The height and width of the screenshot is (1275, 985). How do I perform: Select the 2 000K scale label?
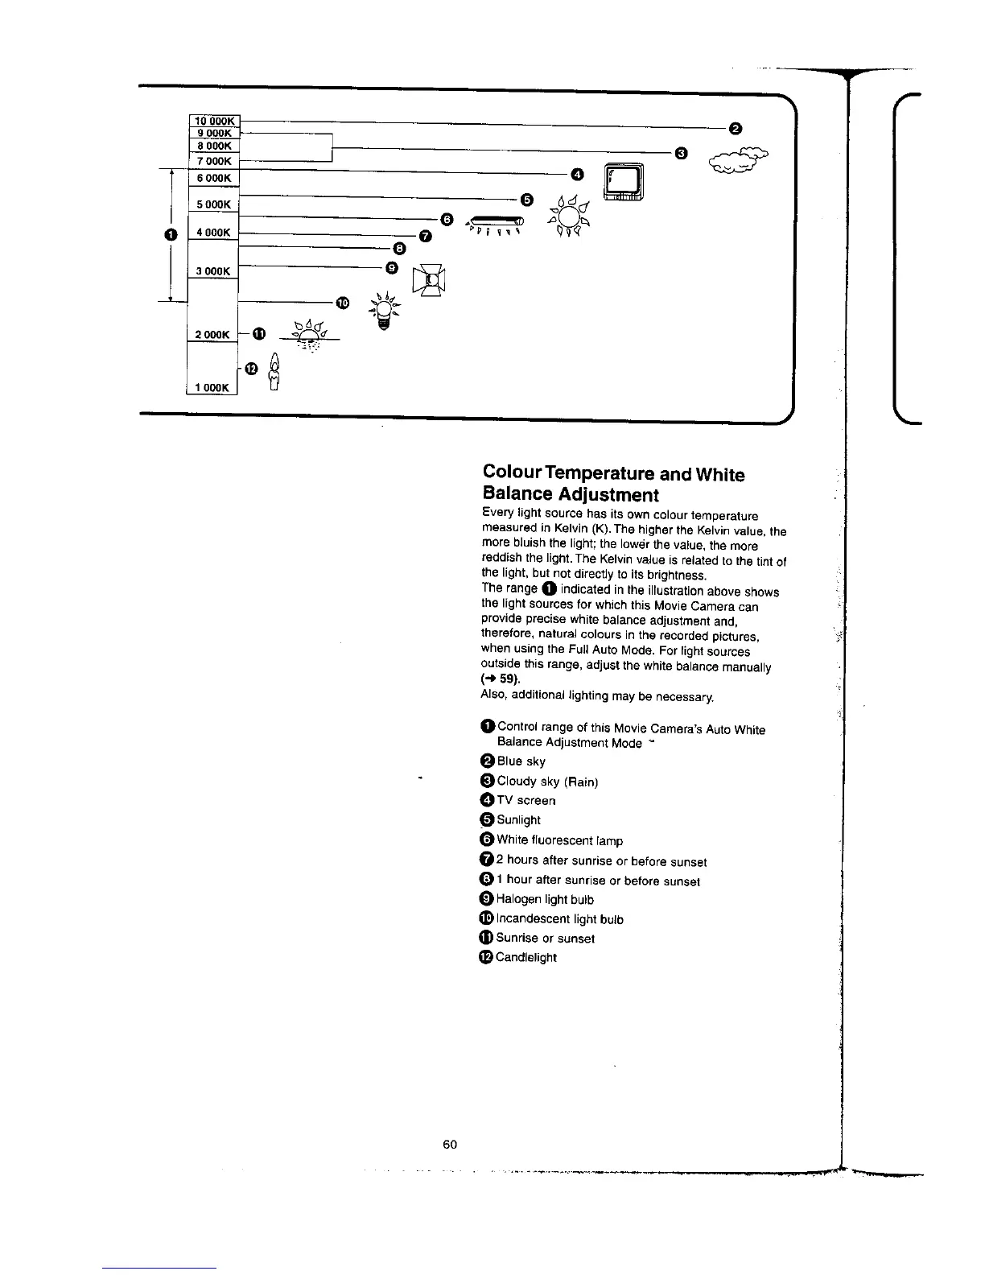coord(212,334)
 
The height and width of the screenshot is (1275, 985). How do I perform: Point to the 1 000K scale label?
coord(212,387)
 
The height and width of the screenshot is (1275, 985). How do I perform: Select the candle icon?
coord(274,373)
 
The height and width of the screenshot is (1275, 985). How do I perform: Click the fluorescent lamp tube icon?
coord(496,220)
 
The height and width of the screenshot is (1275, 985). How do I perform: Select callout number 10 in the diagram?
coord(344,303)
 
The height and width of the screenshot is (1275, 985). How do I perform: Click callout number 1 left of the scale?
coord(169,233)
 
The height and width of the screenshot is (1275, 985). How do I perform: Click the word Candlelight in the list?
coord(525,957)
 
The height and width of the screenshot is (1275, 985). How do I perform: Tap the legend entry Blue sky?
coord(521,761)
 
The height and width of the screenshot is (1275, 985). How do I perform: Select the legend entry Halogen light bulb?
coord(545,899)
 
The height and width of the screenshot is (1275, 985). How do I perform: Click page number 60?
coord(450,1144)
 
